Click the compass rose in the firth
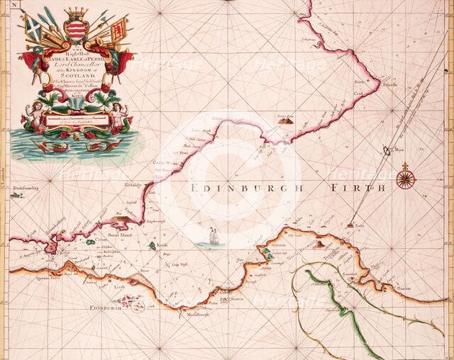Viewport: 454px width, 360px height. pyautogui.click(x=406, y=177)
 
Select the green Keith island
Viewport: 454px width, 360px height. pyautogui.click(x=153, y=246)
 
